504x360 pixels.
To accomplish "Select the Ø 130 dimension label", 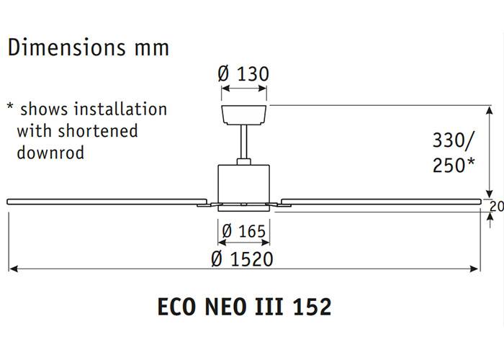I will coord(243,73).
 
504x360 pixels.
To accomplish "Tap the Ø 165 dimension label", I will coord(243,231).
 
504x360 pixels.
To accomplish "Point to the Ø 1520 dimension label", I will coord(243,258).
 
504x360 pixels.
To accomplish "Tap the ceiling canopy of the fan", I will coord(243,113).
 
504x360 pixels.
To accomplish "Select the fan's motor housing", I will coord(243,181).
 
